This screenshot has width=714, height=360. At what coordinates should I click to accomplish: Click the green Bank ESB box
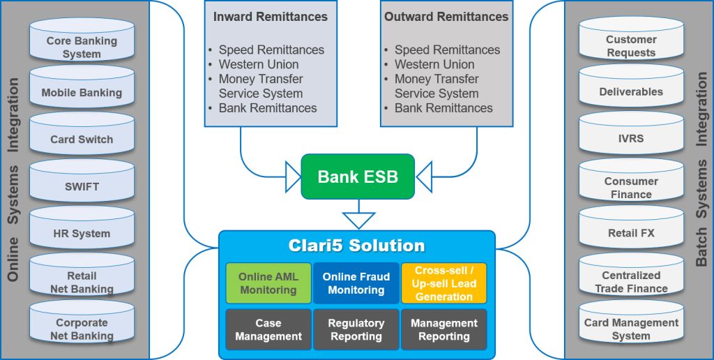pyautogui.click(x=357, y=177)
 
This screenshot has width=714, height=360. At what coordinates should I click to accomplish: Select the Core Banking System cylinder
pyautogui.click(x=82, y=46)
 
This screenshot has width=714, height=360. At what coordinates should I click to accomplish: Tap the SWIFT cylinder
pyautogui.click(x=82, y=186)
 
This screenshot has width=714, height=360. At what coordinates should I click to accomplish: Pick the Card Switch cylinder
pyautogui.click(x=82, y=139)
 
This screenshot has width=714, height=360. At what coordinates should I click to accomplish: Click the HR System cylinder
pyautogui.click(x=82, y=234)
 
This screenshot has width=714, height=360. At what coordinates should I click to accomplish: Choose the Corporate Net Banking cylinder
pyautogui.click(x=82, y=328)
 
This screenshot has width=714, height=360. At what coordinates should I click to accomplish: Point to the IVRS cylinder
pyautogui.click(x=631, y=138)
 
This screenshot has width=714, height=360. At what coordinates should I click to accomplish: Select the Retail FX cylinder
pyautogui.click(x=631, y=233)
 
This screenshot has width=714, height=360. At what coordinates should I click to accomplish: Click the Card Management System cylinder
pyautogui.click(x=631, y=328)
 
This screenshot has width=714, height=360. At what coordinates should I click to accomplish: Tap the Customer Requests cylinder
pyautogui.click(x=631, y=45)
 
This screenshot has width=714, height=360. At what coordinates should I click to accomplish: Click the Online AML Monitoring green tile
pyautogui.click(x=268, y=283)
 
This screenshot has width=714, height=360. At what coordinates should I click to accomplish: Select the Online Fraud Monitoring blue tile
pyautogui.click(x=356, y=283)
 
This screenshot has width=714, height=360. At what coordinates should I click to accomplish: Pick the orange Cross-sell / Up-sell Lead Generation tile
pyautogui.click(x=443, y=283)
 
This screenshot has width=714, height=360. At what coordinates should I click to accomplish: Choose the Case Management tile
pyautogui.click(x=268, y=329)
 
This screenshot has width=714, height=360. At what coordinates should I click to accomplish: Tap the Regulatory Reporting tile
pyautogui.click(x=356, y=329)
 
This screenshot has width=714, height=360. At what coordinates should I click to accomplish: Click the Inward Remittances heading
pyautogui.click(x=270, y=17)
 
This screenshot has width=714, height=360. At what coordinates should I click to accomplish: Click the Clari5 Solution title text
pyautogui.click(x=356, y=246)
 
